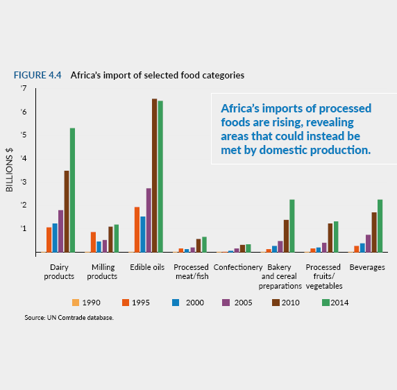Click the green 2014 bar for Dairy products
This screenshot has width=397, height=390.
coord(72,190)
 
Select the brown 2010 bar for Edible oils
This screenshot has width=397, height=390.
coord(155,176)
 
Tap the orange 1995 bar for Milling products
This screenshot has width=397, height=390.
coord(93,242)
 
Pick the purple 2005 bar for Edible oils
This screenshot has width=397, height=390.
coord(149,220)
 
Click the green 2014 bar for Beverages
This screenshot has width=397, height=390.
coord(380,226)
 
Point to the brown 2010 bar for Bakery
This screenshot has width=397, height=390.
coord(286,236)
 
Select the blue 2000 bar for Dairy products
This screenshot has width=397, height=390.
coord(55,237)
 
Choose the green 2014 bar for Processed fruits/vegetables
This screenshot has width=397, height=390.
coord(336,237)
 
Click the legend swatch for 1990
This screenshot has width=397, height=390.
coord(76,303)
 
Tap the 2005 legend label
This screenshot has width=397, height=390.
coord(243,303)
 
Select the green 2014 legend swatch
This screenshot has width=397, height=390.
coord(326,303)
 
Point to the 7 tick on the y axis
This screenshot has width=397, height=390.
coord(24,88)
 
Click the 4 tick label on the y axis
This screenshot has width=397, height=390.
coord(24,158)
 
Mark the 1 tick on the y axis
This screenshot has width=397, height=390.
coord(24,228)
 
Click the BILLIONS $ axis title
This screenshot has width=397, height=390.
coord(9,170)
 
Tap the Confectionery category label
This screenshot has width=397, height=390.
coord(238,267)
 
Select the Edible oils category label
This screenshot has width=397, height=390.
coord(147,267)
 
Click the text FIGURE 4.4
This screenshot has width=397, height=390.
coord(37,75)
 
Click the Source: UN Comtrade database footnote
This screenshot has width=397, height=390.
coord(69,318)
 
